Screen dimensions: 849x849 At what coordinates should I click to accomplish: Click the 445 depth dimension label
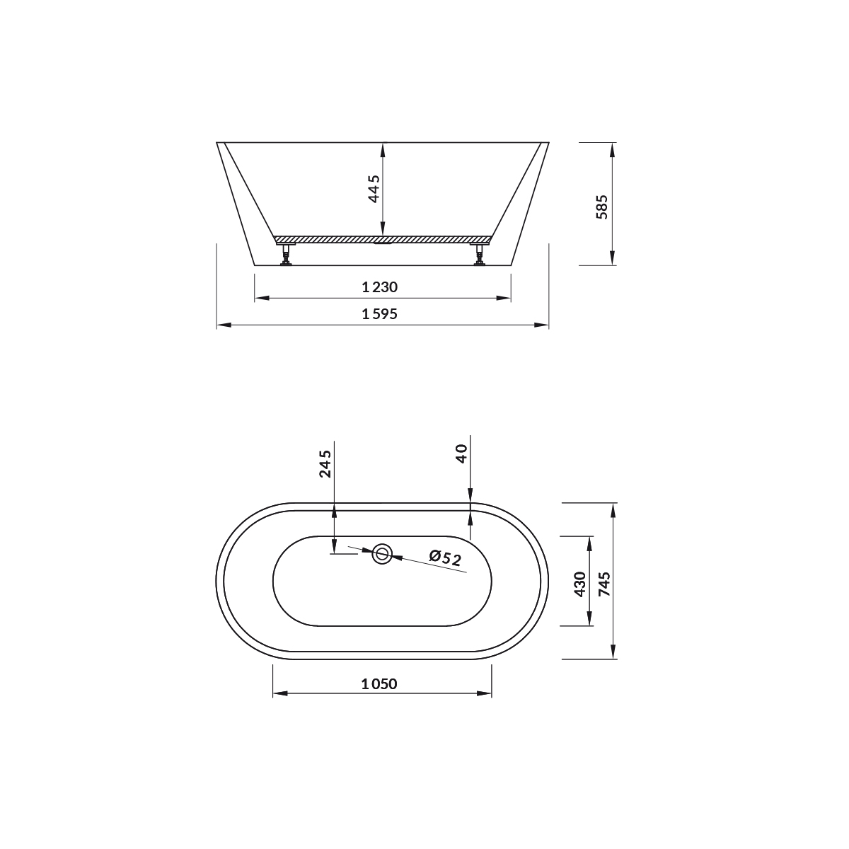tap(374, 189)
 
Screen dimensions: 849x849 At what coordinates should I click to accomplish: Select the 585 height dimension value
tap(601, 207)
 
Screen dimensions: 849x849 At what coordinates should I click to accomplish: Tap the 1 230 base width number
tap(380, 287)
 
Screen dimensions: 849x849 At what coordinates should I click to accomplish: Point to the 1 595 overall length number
tap(380, 314)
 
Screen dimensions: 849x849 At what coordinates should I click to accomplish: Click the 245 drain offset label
tap(325, 464)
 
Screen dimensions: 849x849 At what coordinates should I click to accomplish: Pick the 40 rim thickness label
tap(461, 454)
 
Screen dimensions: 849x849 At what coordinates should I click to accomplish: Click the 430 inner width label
tap(580, 584)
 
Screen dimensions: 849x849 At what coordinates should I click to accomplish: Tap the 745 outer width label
tap(605, 584)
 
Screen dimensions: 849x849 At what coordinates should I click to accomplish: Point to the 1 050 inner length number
tap(379, 683)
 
